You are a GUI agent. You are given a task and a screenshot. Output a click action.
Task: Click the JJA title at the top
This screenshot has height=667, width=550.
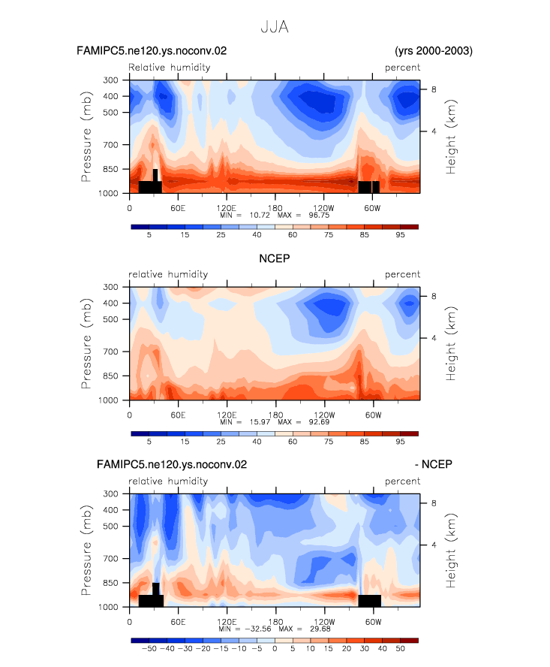(x=275, y=27)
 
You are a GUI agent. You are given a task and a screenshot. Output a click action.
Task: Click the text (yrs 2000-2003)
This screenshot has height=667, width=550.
(x=434, y=50)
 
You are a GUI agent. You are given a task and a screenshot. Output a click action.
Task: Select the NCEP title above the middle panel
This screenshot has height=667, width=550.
(x=275, y=258)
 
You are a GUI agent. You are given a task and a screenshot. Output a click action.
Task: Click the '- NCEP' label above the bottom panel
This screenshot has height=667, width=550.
(x=434, y=464)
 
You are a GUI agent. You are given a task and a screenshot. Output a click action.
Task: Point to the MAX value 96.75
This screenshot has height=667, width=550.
(x=319, y=215)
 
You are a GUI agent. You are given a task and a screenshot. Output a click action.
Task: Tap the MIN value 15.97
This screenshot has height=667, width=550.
(x=260, y=421)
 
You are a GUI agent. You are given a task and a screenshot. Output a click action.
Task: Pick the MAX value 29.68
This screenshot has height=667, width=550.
(x=320, y=629)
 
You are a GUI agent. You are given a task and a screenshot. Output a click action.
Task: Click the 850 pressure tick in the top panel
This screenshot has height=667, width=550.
(x=110, y=169)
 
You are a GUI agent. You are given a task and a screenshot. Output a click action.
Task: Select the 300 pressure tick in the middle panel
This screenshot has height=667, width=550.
(x=110, y=287)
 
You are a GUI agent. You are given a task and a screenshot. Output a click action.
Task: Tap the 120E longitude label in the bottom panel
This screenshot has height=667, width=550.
(x=227, y=621)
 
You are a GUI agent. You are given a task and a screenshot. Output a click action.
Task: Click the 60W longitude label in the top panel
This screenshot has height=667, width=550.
(x=372, y=208)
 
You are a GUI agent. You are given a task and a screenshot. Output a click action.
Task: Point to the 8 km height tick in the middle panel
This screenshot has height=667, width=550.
(x=434, y=296)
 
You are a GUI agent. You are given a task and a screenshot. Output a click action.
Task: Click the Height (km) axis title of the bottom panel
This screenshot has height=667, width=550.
(x=450, y=551)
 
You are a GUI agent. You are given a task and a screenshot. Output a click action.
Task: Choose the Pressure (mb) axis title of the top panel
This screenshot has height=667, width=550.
(x=86, y=137)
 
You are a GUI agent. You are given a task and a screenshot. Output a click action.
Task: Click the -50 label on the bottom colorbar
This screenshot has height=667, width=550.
(x=149, y=649)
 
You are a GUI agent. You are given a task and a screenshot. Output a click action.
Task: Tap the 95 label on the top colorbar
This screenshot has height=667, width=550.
(x=401, y=235)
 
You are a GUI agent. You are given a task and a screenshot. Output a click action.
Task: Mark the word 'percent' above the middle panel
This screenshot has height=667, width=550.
(x=402, y=274)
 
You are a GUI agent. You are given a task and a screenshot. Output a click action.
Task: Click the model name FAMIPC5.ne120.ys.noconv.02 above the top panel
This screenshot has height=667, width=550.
(x=152, y=50)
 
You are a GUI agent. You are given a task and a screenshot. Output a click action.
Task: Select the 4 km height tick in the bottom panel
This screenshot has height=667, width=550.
(x=434, y=545)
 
